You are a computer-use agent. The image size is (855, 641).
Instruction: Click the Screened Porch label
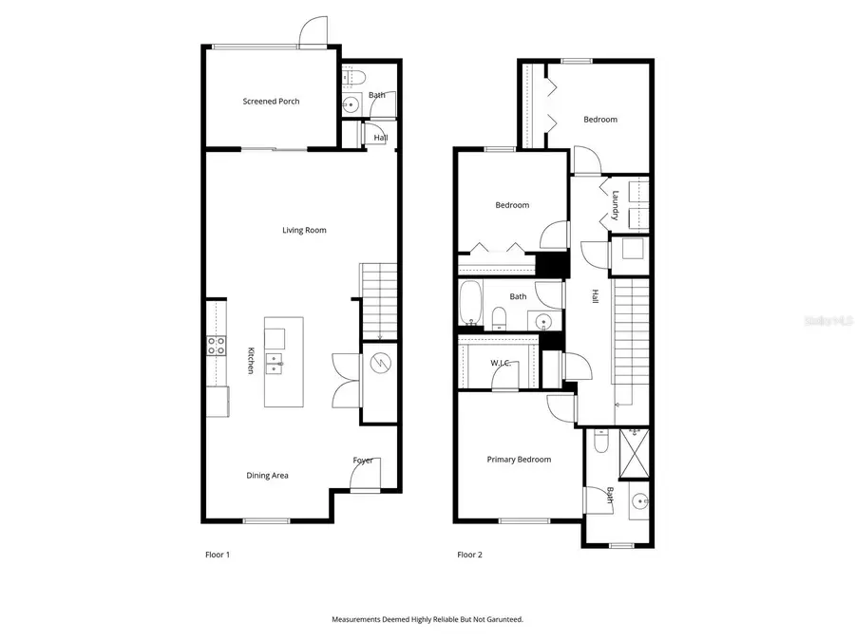click(x=271, y=102)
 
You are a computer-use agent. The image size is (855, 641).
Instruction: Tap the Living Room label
click(x=304, y=230)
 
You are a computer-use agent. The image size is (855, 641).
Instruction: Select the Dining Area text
click(x=267, y=476)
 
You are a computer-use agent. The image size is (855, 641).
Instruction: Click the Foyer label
click(x=363, y=461)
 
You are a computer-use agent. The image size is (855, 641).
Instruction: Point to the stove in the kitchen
click(x=217, y=346)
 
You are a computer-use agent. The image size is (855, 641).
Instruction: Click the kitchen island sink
click(x=274, y=361)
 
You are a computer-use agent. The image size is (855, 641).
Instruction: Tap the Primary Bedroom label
click(x=519, y=460)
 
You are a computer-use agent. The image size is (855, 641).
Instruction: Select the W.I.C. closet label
click(x=502, y=363)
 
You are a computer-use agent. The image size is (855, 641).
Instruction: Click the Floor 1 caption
click(x=218, y=555)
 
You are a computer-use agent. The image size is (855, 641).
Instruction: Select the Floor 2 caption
click(x=469, y=555)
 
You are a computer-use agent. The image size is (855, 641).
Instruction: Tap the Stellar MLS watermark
click(x=829, y=322)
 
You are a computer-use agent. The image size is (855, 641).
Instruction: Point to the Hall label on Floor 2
click(x=595, y=296)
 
